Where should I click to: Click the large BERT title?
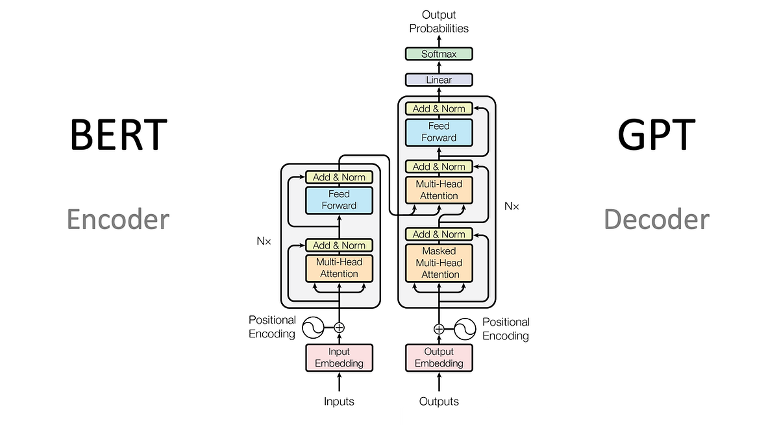[x=118, y=134]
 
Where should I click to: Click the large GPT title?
[x=656, y=134]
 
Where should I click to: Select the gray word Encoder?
[x=118, y=219]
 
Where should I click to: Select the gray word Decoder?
[x=656, y=219]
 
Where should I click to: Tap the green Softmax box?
[x=439, y=54]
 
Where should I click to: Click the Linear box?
[x=439, y=80]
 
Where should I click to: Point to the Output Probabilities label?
[x=439, y=21]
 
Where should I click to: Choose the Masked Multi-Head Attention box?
[x=439, y=263]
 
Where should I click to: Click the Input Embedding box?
[x=339, y=358]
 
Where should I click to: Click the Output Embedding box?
[x=439, y=358]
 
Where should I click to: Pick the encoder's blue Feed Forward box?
[x=339, y=200]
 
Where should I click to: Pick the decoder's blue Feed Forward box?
[x=439, y=132]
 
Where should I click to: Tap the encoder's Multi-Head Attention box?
[x=339, y=268]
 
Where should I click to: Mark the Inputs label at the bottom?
[x=339, y=402]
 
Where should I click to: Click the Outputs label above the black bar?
[x=439, y=402]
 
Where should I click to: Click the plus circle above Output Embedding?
[x=439, y=329]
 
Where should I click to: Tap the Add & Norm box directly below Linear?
[x=439, y=109]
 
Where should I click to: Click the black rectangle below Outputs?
[x=446, y=417]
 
